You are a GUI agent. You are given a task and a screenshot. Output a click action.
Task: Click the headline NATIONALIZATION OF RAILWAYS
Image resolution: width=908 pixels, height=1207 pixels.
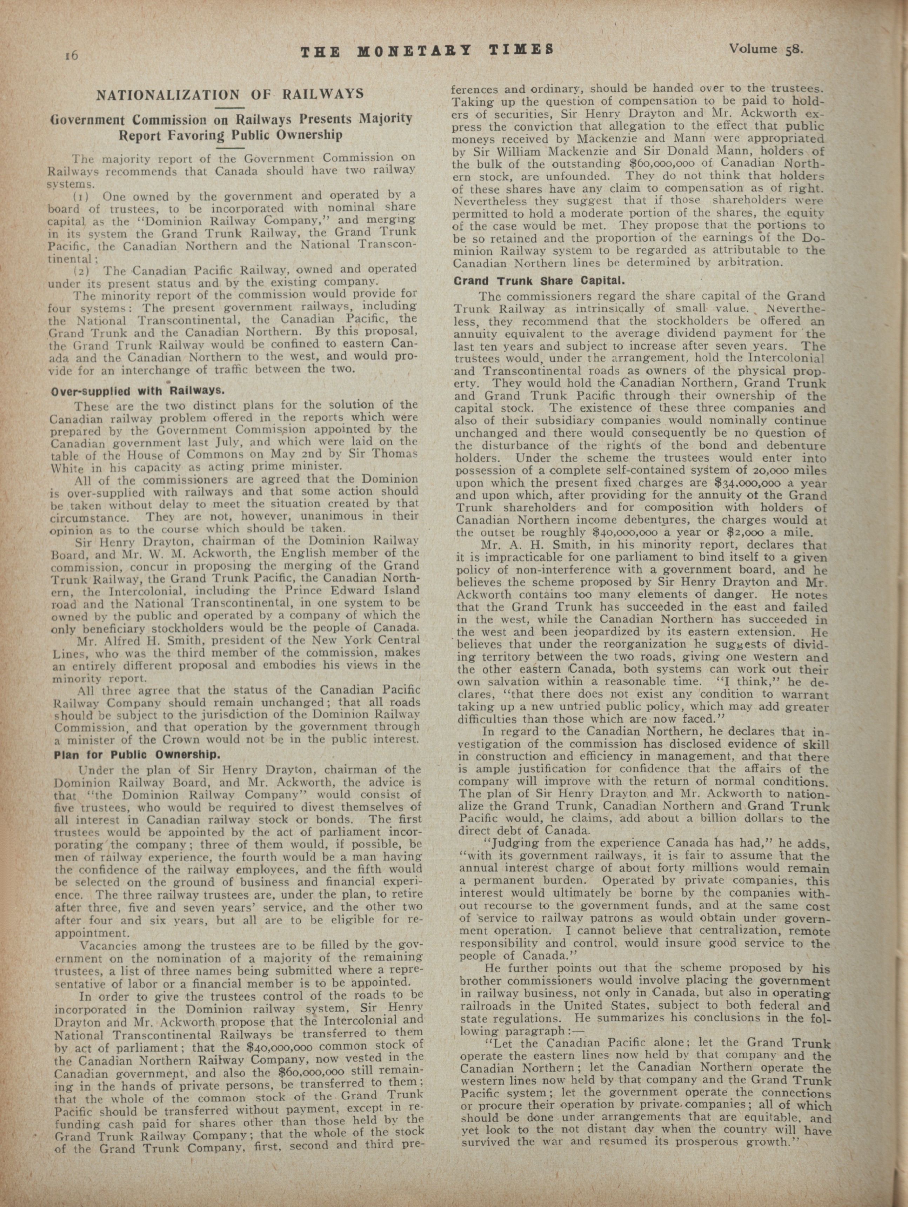coord(230,94)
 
